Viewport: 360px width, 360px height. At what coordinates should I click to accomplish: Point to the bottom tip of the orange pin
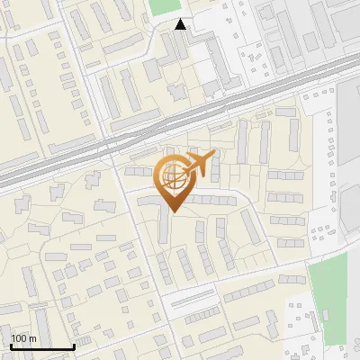click(x=172, y=211)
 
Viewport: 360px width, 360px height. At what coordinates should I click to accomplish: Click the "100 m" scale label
click(x=23, y=338)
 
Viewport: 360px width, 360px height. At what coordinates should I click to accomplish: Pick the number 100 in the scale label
click(x=19, y=338)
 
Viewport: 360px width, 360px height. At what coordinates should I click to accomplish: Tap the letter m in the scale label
click(x=32, y=339)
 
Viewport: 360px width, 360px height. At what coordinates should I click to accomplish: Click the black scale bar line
click(x=41, y=346)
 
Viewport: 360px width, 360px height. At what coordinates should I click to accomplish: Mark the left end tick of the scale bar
click(x=10, y=345)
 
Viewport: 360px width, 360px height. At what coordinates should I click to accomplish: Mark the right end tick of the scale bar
click(x=73, y=345)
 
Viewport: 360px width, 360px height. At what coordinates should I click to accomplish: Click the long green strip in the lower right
click(x=328, y=297)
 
